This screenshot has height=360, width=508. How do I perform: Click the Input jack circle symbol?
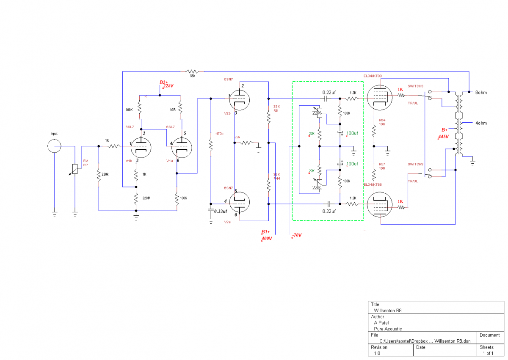(x=54, y=146)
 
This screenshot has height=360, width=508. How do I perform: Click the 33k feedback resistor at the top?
(x=193, y=71)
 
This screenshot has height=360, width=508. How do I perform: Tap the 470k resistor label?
(x=219, y=134)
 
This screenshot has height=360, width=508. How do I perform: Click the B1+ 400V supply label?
(x=266, y=235)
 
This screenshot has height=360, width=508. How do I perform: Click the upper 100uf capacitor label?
(x=352, y=133)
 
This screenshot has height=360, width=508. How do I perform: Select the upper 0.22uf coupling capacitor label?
(x=329, y=92)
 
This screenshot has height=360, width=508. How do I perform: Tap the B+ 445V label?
(x=443, y=133)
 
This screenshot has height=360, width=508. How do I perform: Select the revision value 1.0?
(x=377, y=353)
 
